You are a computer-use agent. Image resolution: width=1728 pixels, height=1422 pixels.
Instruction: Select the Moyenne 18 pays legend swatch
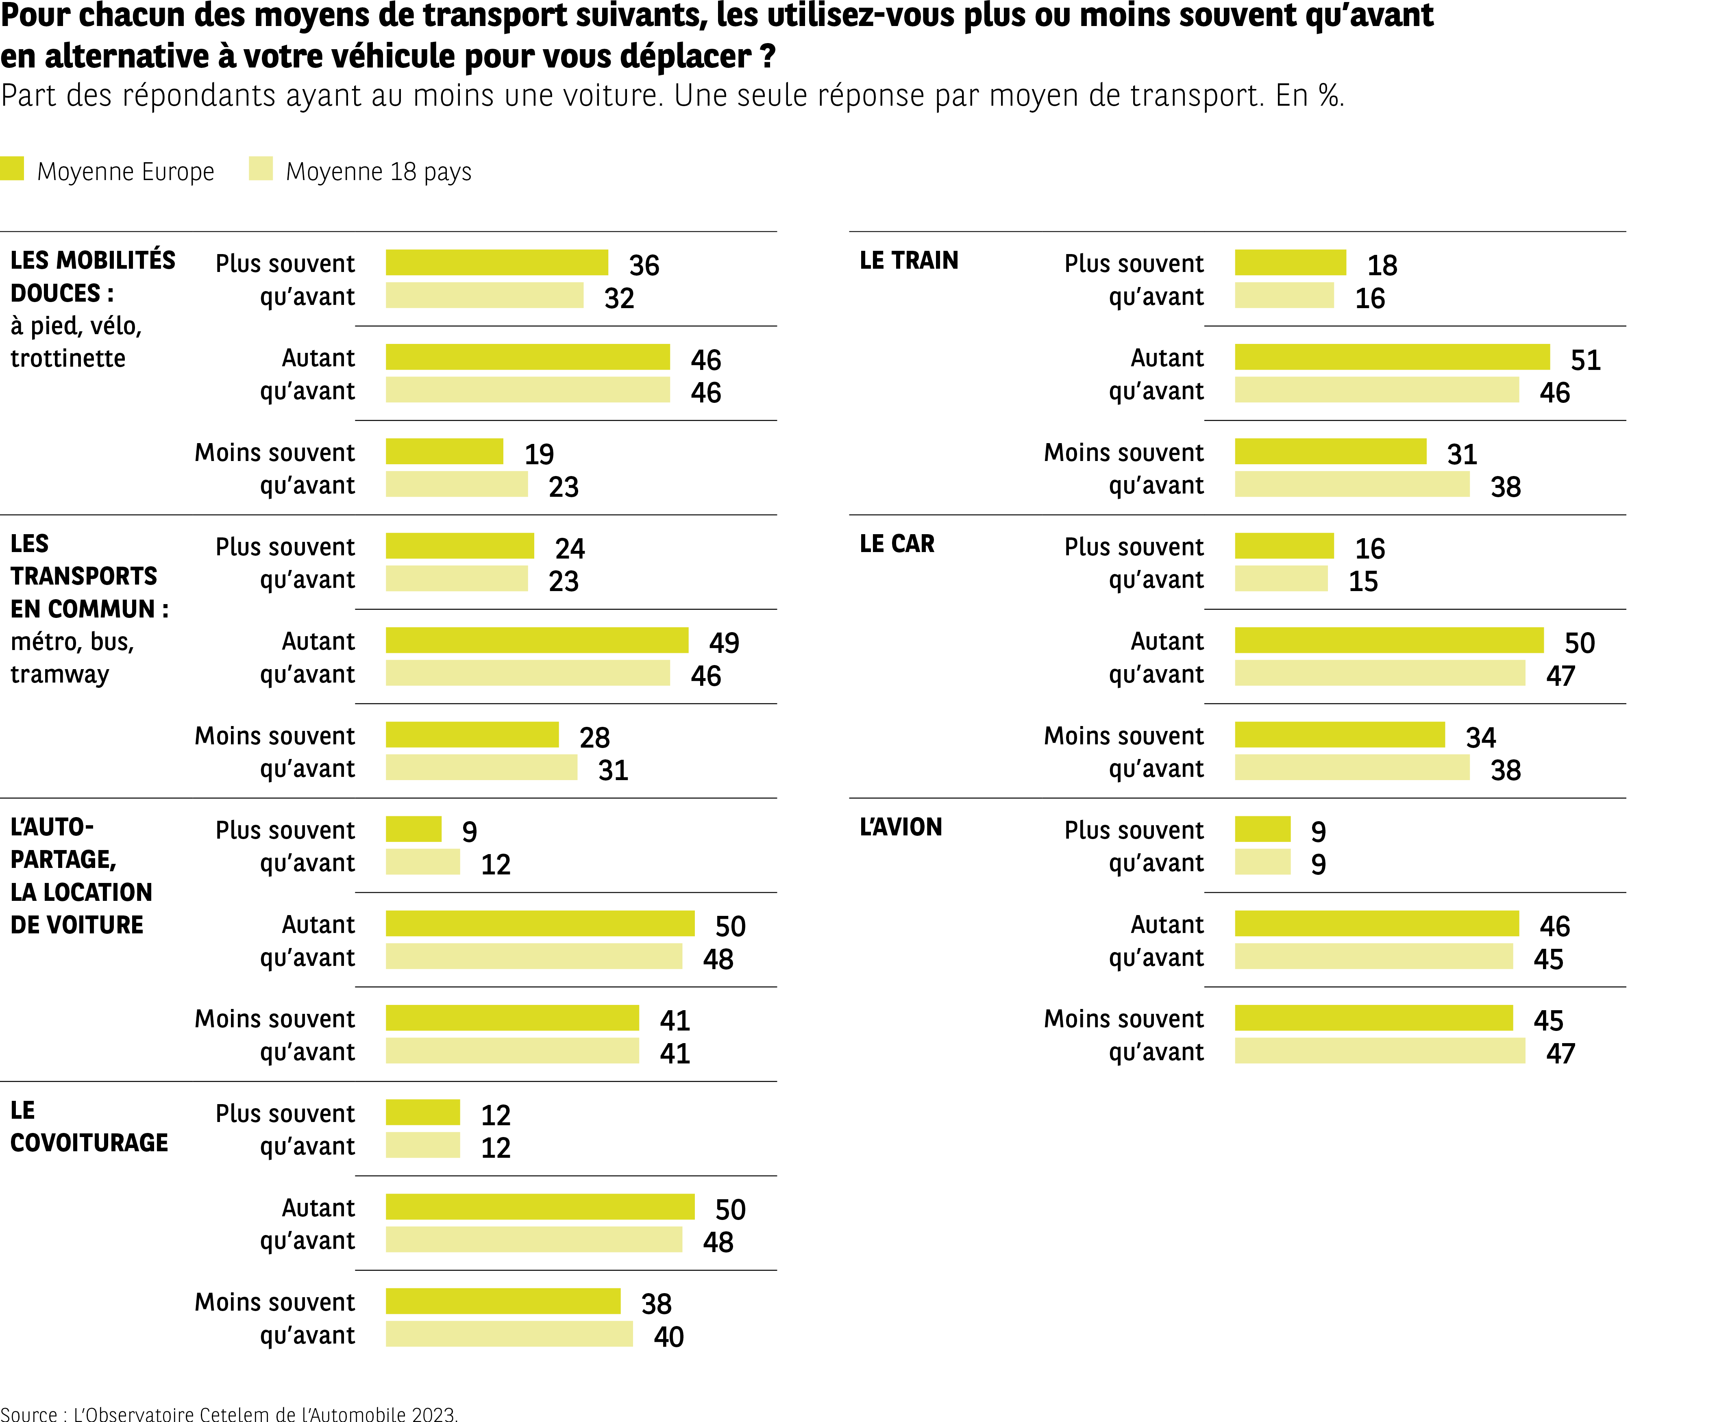[x=261, y=169]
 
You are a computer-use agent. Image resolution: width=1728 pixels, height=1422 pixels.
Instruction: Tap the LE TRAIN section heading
[x=909, y=261]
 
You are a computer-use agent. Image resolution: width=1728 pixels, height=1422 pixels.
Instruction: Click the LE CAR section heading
[x=897, y=544]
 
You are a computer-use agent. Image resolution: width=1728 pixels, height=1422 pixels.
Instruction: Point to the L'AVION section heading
[x=901, y=827]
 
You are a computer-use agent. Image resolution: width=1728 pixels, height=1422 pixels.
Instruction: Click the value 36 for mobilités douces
[x=644, y=265]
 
